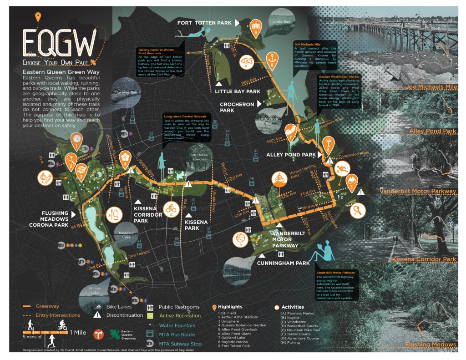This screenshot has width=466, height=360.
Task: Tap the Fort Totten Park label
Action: pyautogui.click(x=204, y=22)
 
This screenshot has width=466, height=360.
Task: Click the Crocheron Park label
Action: pyautogui.click(x=237, y=107)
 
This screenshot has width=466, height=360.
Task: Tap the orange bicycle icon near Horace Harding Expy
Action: pyautogui.click(x=279, y=179)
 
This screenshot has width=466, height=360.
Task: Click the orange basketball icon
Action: pyautogui.click(x=240, y=238)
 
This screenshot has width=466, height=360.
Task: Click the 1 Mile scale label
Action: pyautogui.click(x=78, y=332)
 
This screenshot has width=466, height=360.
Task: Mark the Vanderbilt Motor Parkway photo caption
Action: pyautogui.click(x=417, y=191)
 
